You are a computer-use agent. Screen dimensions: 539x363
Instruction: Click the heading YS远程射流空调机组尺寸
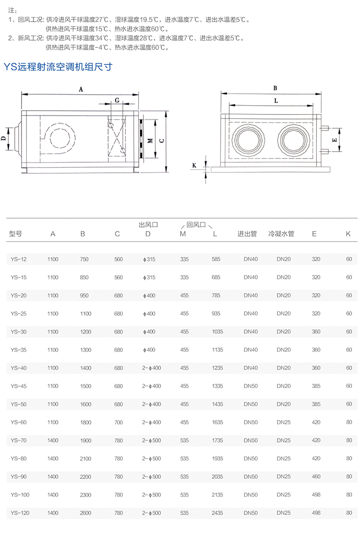[x=58, y=67]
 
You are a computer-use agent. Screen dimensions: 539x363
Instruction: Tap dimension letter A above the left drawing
[x=80, y=90]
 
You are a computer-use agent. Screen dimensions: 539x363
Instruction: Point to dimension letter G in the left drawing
[x=117, y=100]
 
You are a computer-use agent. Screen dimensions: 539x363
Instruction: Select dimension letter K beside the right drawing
[x=194, y=165]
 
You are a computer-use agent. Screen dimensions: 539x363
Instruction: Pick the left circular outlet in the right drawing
[x=249, y=139]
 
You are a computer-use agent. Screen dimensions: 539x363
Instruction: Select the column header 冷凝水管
[x=281, y=234]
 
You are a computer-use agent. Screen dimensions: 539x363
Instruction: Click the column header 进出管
[x=247, y=234]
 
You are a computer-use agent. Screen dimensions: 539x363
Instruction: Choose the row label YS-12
[x=18, y=259]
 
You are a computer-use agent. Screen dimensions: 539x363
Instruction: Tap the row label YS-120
[x=20, y=513]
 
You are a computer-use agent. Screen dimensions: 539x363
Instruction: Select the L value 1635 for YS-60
[x=217, y=422]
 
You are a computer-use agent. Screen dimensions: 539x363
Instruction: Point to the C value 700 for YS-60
[x=119, y=422]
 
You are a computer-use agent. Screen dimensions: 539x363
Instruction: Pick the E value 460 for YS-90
[x=316, y=477]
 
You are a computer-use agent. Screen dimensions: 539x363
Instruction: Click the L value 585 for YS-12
[x=216, y=259]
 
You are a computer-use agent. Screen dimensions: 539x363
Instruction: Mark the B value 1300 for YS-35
[x=85, y=350]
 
